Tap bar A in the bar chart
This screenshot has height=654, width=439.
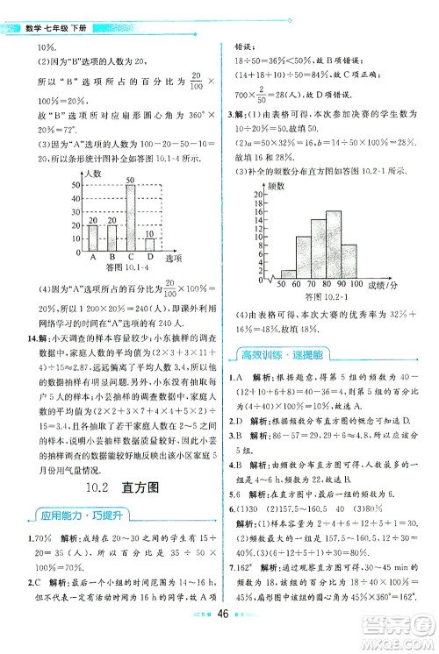(91, 238)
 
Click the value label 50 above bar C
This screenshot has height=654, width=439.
(129, 180)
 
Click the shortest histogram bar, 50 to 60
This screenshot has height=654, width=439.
(287, 274)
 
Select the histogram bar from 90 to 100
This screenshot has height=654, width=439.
(349, 258)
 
